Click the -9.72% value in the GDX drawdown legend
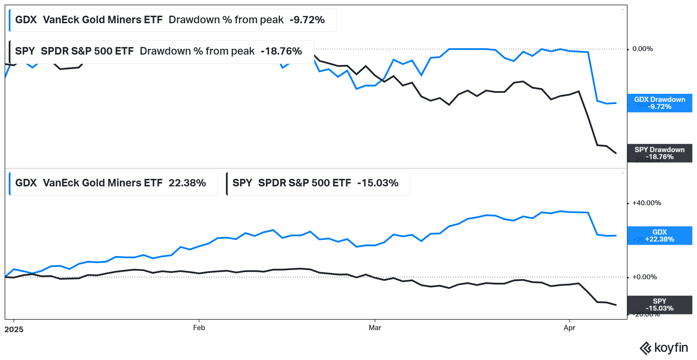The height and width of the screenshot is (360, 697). tap(307, 20)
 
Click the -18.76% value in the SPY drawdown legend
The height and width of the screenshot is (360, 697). tap(281, 51)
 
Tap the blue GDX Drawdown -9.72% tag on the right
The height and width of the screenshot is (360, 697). tap(659, 103)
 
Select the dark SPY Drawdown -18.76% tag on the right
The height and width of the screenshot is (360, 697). tap(659, 153)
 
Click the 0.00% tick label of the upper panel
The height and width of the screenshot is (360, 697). tap(642, 49)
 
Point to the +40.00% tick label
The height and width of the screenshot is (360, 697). tap(646, 203)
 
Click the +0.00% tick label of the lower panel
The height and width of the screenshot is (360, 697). tap(644, 277)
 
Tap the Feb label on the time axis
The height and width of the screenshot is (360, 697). tap(199, 328)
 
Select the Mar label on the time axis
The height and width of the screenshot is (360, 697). tap(375, 328)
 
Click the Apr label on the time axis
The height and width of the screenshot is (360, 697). tap(569, 328)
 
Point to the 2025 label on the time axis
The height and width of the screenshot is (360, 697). tap(14, 330)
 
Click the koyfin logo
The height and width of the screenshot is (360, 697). tap(664, 348)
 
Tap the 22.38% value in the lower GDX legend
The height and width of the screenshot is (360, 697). tap(187, 183)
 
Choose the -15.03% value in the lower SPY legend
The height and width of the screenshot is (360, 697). tap(378, 183)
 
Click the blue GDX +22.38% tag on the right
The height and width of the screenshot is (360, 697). tap(659, 236)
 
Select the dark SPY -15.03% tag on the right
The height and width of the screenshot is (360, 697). tap(659, 305)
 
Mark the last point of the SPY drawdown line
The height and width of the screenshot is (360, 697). tap(616, 153)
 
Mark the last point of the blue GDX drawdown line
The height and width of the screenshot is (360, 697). tap(616, 103)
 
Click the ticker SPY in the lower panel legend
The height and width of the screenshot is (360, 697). tap(242, 183)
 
